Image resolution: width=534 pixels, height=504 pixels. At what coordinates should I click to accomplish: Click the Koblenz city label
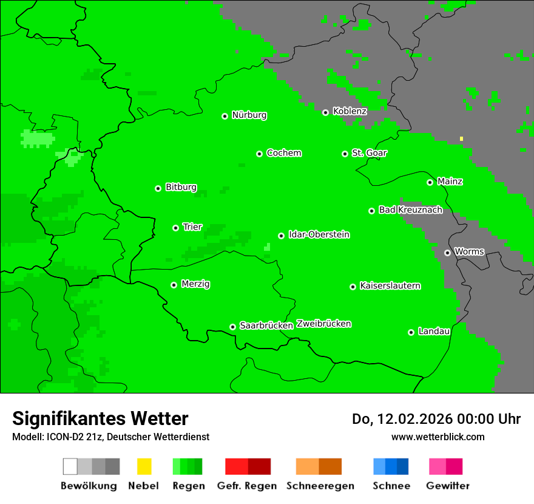tap(350, 111)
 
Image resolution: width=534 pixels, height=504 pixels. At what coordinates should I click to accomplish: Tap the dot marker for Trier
tap(175, 228)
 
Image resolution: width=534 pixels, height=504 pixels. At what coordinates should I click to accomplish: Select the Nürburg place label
tap(249, 115)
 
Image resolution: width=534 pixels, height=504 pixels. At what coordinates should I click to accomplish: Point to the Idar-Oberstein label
tap(319, 234)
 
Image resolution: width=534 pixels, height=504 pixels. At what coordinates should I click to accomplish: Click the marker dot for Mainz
tap(430, 182)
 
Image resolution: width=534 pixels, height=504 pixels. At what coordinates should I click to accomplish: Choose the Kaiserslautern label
tap(390, 285)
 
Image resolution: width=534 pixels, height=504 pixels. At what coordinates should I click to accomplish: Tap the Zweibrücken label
tap(323, 324)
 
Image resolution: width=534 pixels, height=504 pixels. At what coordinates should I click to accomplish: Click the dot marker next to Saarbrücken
tap(232, 327)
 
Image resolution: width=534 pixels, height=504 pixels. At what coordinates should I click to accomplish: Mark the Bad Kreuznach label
tap(410, 209)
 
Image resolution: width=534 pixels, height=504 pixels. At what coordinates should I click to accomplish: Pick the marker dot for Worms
tap(447, 253)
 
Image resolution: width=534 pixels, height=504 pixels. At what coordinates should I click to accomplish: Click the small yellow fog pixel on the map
tap(461, 138)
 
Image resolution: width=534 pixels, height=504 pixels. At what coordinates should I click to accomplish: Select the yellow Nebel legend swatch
tap(144, 466)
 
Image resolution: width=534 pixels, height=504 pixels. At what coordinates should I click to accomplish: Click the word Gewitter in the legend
tap(447, 486)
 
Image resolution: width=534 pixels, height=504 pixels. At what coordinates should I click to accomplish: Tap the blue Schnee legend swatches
tap(391, 466)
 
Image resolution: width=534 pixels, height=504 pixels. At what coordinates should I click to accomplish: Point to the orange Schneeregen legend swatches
tap(319, 466)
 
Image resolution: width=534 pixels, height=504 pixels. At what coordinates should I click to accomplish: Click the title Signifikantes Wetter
tap(100, 418)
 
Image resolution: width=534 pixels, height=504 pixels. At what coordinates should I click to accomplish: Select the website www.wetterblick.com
tap(438, 437)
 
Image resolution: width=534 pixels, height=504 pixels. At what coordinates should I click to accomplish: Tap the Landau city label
tap(434, 331)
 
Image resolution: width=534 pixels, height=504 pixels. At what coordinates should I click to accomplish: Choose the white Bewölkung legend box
tap(70, 466)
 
